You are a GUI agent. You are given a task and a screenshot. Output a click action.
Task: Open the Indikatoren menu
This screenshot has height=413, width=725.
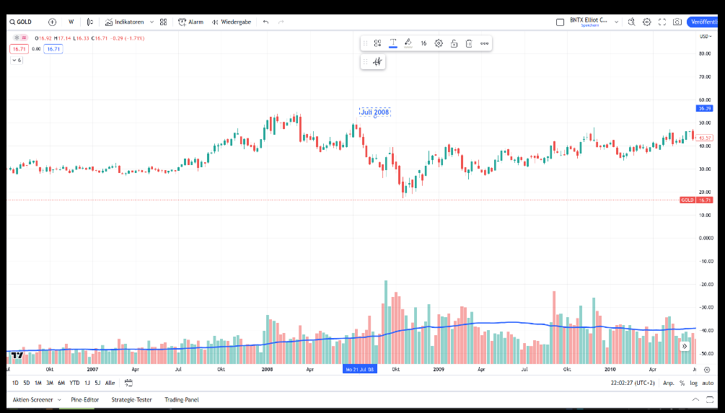[129, 22]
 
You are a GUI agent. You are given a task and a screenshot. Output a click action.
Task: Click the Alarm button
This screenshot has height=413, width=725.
[191, 22]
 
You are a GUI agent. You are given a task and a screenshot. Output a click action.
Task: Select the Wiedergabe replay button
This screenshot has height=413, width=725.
[232, 22]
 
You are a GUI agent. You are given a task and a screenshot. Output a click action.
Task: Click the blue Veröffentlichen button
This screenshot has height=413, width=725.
[705, 22]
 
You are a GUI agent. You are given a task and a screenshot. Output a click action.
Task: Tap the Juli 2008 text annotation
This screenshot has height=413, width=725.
[374, 112]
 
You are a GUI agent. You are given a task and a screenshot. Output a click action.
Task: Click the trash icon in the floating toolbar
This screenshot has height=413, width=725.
[469, 43]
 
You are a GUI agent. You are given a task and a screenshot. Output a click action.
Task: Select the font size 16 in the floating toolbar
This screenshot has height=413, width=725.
[423, 43]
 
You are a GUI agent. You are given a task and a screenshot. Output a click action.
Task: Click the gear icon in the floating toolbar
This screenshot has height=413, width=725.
[439, 43]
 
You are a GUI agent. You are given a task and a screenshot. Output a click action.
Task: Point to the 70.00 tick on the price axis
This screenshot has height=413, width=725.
[705, 76]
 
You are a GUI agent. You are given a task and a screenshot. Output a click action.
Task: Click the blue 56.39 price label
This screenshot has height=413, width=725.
[704, 108]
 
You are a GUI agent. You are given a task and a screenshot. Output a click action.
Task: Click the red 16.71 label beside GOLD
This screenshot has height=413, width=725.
[705, 200]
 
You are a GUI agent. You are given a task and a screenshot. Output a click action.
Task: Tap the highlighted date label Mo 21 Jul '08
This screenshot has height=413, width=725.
[359, 369]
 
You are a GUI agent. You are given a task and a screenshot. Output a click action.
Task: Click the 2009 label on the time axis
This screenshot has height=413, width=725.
[439, 369]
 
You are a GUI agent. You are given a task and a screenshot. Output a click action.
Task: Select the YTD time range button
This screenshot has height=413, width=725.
[74, 383]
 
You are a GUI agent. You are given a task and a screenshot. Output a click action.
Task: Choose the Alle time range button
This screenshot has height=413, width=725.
[110, 383]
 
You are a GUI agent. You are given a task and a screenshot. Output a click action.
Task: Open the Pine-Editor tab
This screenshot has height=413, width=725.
[84, 399]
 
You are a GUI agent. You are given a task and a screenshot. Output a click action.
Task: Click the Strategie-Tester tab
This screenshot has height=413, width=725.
[131, 399]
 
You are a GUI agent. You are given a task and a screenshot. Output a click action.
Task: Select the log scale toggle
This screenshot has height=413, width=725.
[694, 383]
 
